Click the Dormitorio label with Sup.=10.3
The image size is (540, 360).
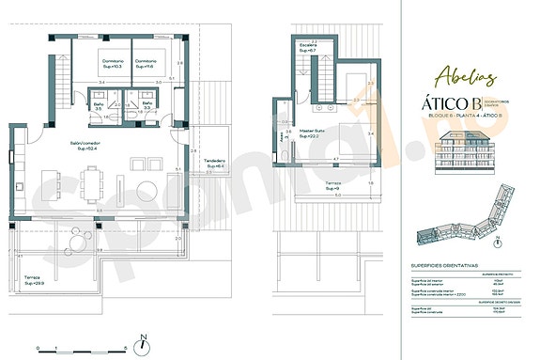tap(112, 64)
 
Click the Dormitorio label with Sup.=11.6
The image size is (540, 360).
tap(147, 64)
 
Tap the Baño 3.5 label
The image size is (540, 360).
tap(97, 106)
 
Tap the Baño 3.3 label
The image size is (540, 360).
tap(147, 106)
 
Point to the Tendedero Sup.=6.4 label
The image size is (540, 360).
tap(214, 164)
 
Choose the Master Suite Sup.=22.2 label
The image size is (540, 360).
tap(313, 133)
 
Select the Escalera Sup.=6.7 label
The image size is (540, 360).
tap(309, 48)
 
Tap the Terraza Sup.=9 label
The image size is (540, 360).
tap(332, 184)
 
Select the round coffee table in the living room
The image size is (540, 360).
tap(145, 179)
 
